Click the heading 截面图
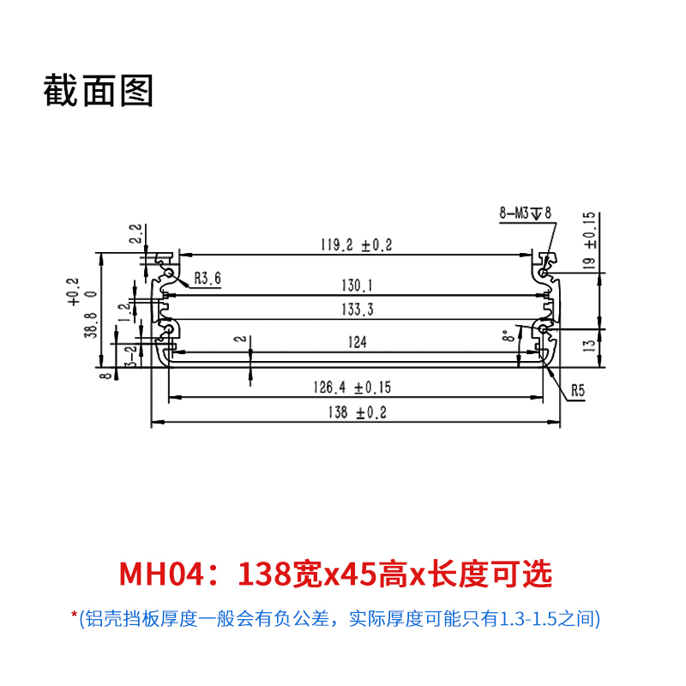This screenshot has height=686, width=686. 99,90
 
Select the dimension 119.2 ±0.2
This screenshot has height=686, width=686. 356,245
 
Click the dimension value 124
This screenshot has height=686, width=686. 358,342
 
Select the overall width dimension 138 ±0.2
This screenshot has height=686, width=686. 357,412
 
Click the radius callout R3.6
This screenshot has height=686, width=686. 208,278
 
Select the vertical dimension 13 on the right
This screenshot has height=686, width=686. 588,347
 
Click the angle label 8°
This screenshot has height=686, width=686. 507,336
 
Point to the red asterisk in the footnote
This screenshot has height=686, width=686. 75,616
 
